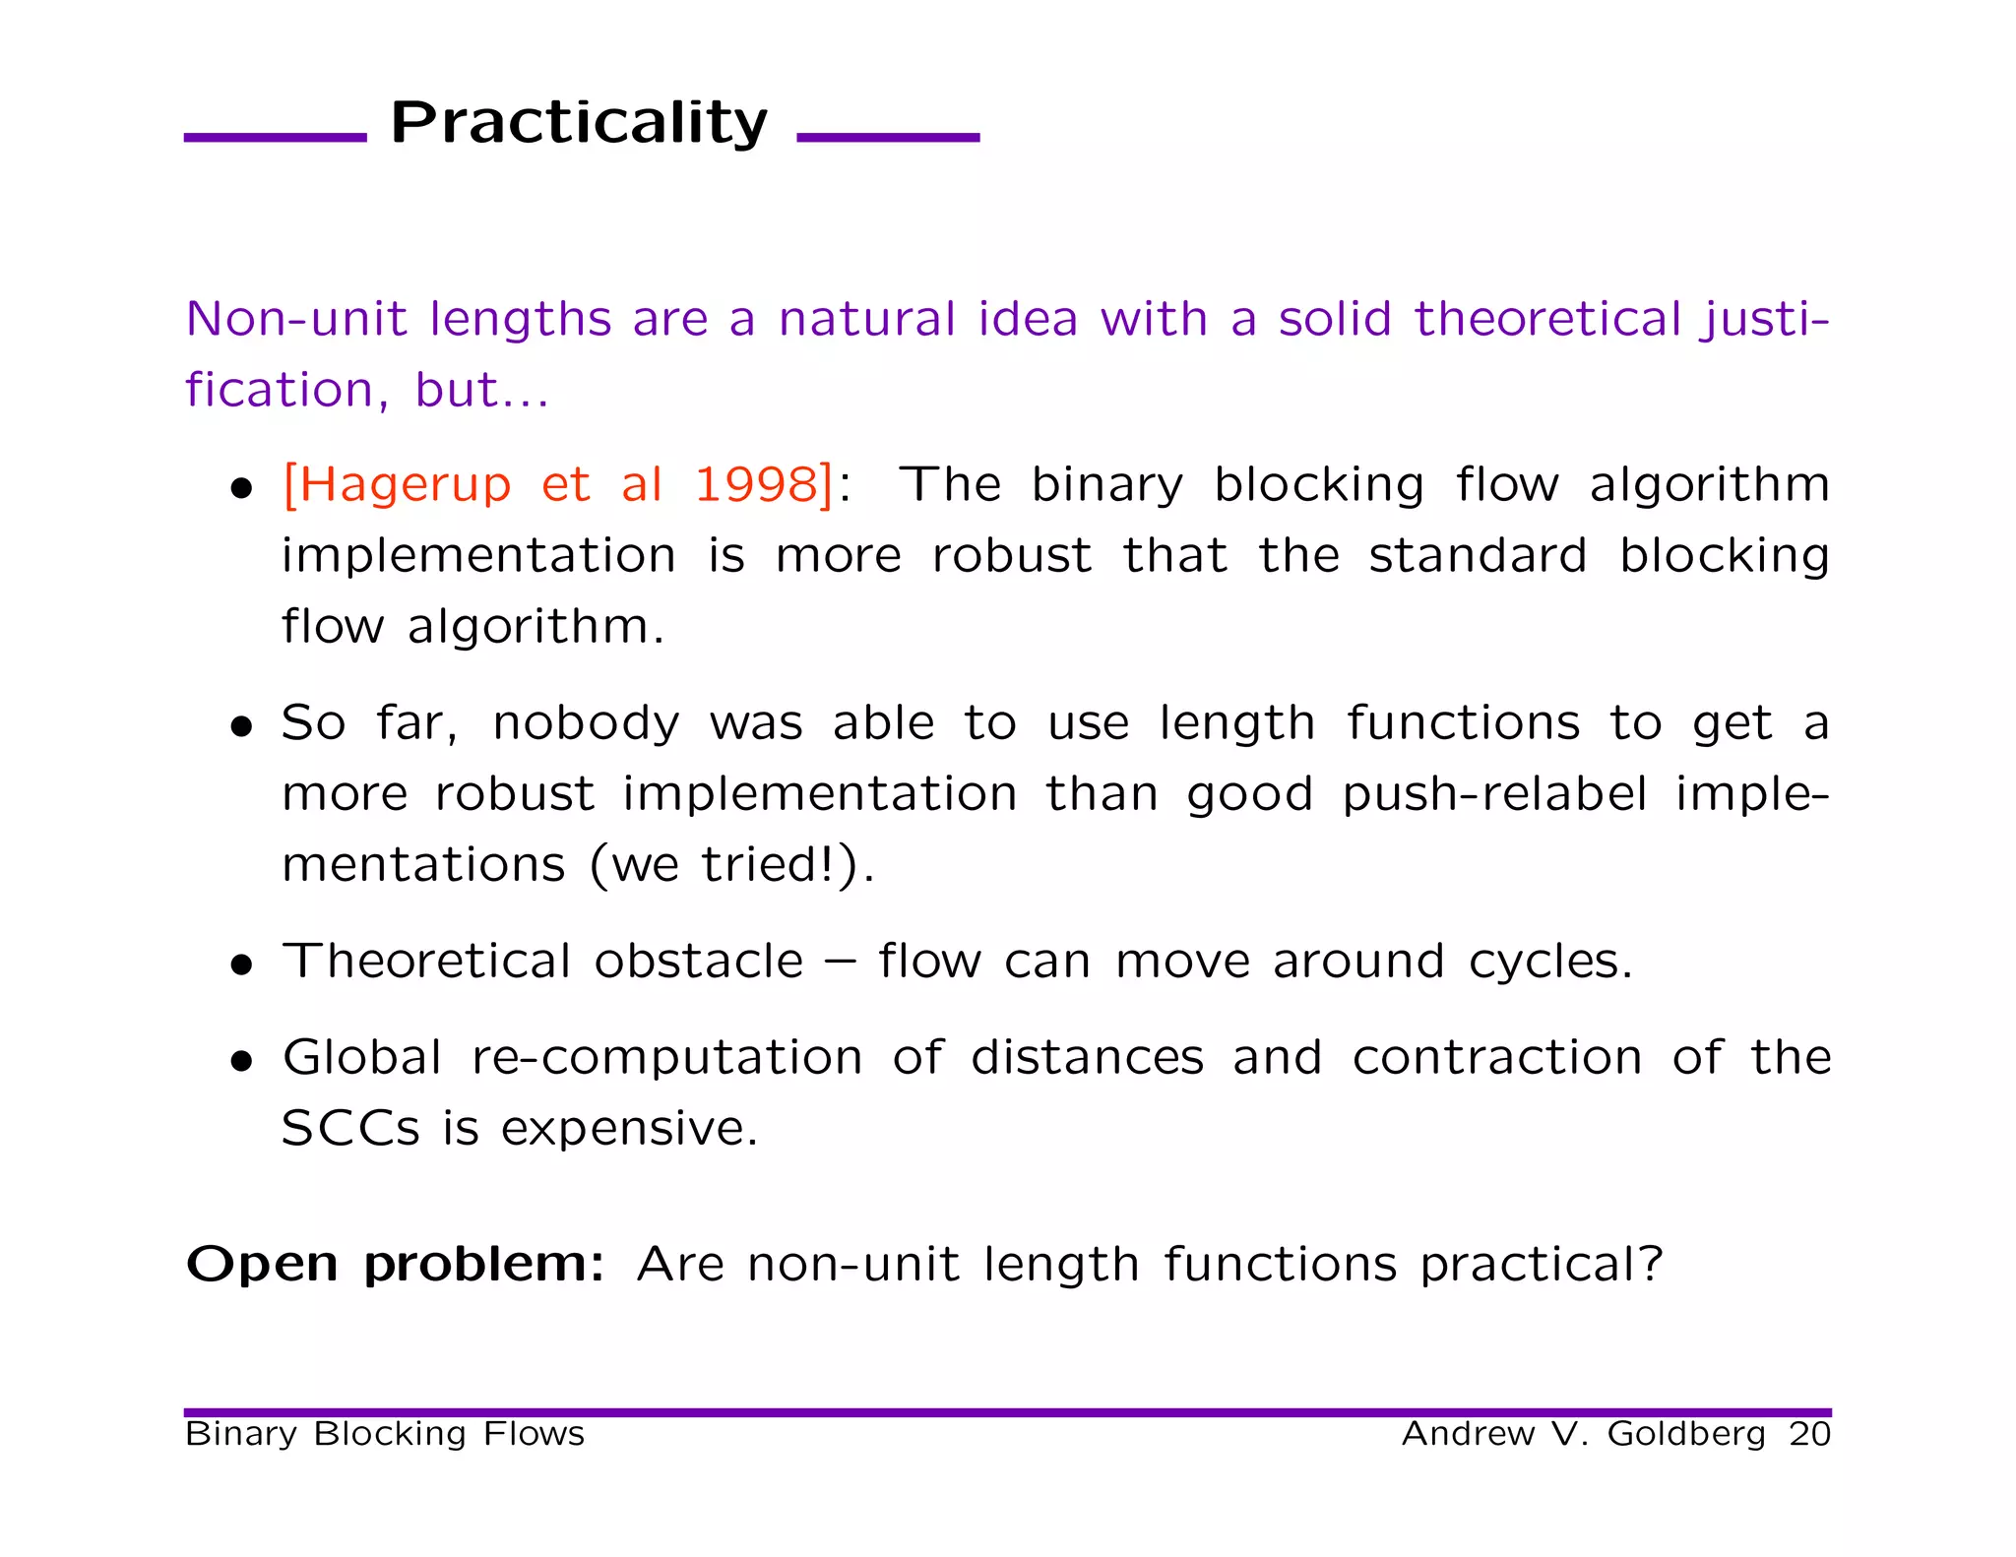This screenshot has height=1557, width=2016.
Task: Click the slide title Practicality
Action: coord(579,124)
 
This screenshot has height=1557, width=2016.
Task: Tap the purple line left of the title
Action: coord(275,138)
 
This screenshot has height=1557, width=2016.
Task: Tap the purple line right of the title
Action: coord(888,138)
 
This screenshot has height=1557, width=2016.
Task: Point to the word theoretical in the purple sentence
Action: coord(1547,320)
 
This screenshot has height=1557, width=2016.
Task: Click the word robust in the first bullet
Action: coord(1011,556)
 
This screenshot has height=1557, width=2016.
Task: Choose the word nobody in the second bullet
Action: coord(586,723)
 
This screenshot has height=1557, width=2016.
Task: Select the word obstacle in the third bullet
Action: coord(698,962)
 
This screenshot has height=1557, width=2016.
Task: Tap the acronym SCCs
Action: coord(350,1129)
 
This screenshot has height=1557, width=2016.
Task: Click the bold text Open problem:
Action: coord(395,1265)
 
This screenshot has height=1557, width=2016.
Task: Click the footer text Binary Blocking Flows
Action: coord(385,1434)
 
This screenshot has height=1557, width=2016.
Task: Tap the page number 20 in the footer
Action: coord(1809,1434)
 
